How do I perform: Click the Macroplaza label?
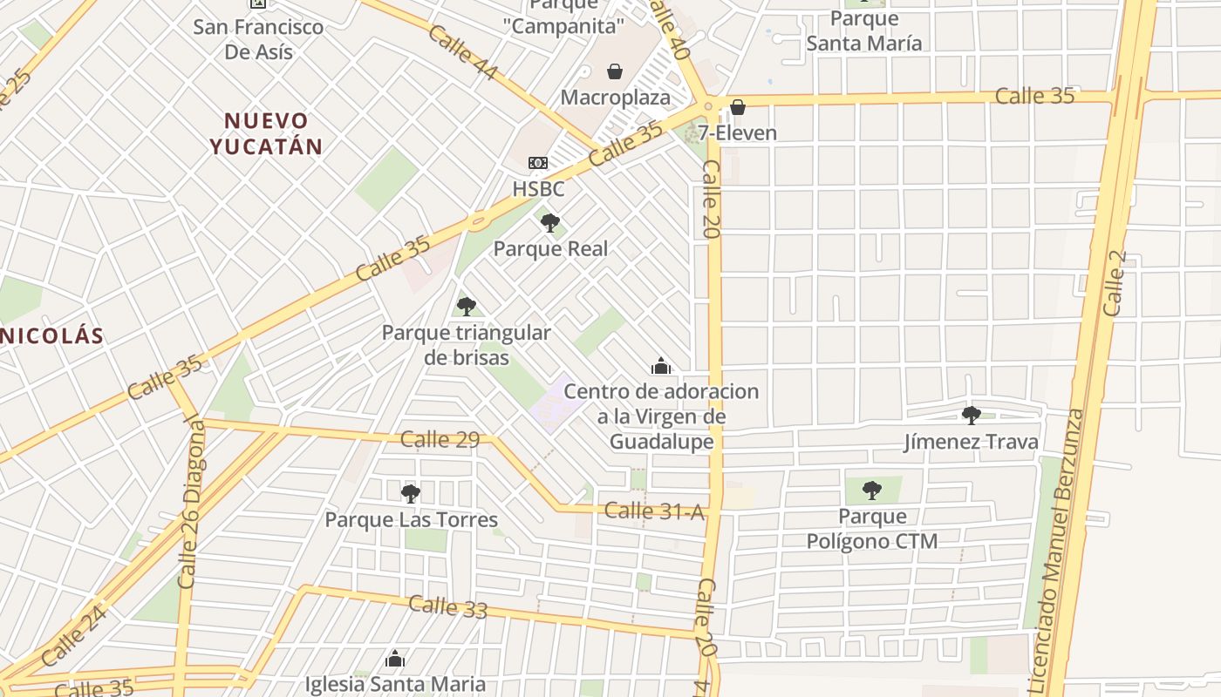(615, 97)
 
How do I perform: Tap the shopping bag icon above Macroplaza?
(615, 71)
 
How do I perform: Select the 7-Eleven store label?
(737, 132)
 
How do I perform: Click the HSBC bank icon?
(538, 163)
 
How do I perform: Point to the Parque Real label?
(550, 248)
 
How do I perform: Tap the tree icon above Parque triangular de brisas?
(467, 306)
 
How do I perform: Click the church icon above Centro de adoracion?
(661, 366)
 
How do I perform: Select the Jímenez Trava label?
(971, 442)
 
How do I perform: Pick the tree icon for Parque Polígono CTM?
(871, 491)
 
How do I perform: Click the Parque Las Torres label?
(411, 520)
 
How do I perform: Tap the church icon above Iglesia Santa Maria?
(395, 659)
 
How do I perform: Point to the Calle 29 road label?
(440, 440)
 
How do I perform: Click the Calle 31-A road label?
(653, 511)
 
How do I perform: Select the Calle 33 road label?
(447, 606)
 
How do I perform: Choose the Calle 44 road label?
(462, 53)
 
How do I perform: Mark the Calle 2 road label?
(1115, 283)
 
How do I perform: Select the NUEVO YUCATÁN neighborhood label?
(266, 133)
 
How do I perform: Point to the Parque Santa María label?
(863, 30)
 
